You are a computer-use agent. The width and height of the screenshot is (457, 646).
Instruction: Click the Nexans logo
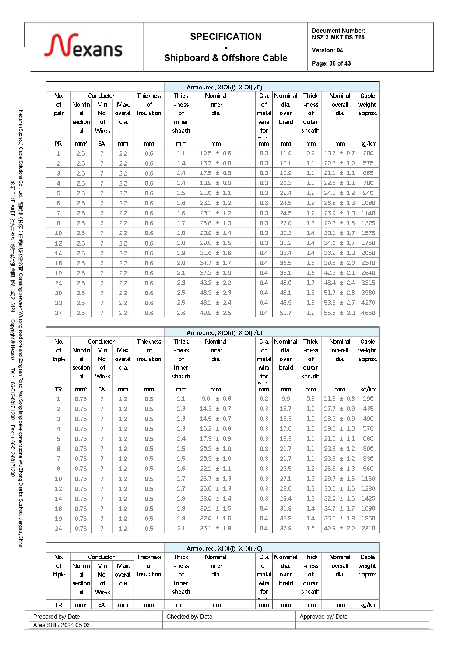[x=83, y=46]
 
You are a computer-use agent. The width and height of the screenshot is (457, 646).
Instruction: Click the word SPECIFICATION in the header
[x=225, y=37]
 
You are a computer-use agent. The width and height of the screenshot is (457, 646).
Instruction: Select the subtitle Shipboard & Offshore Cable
[x=225, y=58]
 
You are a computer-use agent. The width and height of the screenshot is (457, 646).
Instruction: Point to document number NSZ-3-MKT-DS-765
[x=338, y=37]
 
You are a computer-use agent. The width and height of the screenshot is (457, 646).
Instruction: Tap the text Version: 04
[x=327, y=50]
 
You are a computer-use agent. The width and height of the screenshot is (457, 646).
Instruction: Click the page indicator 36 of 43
[x=331, y=63]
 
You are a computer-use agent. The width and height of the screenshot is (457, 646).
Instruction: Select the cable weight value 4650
[x=368, y=313]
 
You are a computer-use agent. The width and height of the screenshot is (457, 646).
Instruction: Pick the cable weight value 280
[x=368, y=153]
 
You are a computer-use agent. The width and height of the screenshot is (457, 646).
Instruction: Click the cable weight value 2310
[x=368, y=528]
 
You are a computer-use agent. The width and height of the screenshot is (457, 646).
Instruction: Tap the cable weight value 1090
[x=368, y=203]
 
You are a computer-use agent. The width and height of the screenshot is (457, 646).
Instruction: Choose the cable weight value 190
[x=368, y=399]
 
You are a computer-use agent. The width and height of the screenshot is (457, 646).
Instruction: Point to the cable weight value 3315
[x=368, y=283]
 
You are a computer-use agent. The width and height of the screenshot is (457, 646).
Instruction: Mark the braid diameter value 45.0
[x=285, y=283]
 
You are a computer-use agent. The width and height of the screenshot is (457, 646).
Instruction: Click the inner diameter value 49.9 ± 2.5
[x=215, y=313]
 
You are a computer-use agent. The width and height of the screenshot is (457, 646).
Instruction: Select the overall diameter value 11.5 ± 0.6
[x=339, y=399]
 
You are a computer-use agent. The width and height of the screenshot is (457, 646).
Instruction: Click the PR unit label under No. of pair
[x=58, y=144]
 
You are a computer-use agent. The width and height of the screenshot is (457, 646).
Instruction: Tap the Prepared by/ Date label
[x=56, y=617]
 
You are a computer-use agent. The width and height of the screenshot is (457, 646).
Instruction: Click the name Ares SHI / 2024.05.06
[x=61, y=625]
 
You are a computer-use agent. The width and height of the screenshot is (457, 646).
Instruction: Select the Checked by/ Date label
[x=189, y=617]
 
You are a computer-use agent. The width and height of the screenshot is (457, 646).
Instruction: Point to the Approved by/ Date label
[x=323, y=617]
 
